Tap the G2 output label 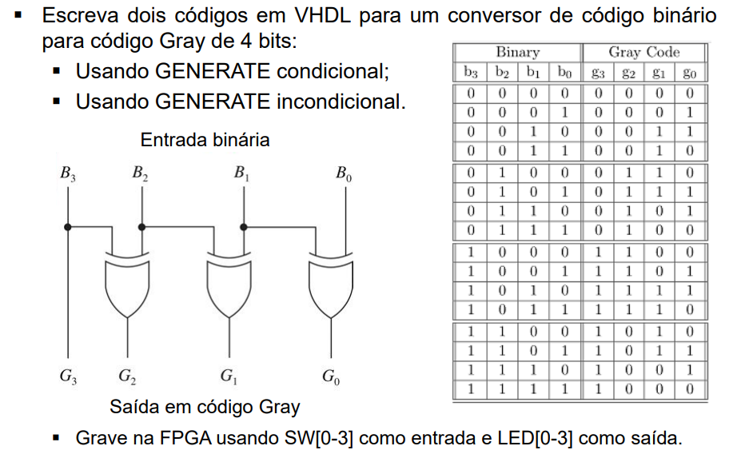[x=126, y=375]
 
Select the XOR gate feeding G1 [x=229, y=280]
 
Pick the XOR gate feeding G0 [x=331, y=280]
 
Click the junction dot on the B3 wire [x=69, y=227]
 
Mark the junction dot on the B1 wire [x=243, y=227]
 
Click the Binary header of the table [x=517, y=53]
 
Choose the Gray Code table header [x=643, y=53]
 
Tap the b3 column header [x=472, y=72]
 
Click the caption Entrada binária [x=205, y=140]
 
